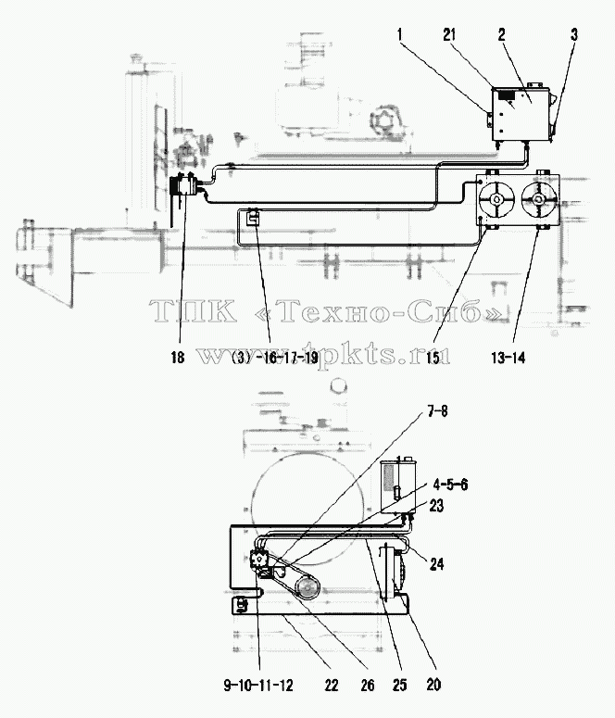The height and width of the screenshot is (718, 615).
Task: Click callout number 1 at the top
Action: (400, 34)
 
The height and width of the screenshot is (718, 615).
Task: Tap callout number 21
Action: (450, 34)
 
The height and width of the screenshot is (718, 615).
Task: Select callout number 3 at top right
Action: (574, 34)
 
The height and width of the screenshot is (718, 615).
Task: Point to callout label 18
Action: (178, 358)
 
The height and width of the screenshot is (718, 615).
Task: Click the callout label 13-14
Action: (508, 358)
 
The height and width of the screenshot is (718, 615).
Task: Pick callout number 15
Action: (433, 358)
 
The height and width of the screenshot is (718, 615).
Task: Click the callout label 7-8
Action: (437, 411)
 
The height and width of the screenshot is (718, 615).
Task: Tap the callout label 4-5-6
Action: (451, 485)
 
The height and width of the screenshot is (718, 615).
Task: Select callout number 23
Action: (436, 507)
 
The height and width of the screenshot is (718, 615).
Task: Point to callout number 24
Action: (436, 563)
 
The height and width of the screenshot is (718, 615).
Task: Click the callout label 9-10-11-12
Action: (258, 686)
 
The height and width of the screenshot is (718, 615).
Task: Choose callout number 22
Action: (331, 686)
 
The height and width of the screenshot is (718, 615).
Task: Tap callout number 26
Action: (368, 686)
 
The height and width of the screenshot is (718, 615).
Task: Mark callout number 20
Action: (433, 686)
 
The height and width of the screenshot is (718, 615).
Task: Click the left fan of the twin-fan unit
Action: (496, 200)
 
